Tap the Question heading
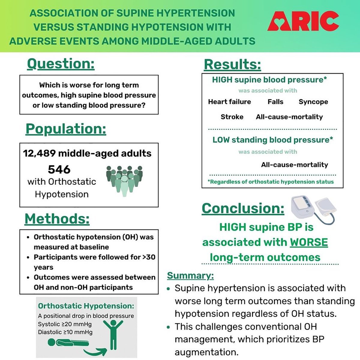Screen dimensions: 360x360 coord(61,64)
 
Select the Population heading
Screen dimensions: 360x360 coord(66,129)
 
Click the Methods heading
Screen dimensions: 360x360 coord(57,219)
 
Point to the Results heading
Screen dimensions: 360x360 coord(232,64)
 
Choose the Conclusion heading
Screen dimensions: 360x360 coord(243,208)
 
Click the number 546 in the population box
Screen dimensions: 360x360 coord(59,169)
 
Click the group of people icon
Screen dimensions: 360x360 coord(124,180)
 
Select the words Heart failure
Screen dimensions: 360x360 coord(229,102)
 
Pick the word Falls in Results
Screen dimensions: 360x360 coord(275,102)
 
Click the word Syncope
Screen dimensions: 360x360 coord(313,102)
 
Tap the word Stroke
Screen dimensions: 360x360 coord(232,117)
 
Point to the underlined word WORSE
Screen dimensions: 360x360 coord(309,242)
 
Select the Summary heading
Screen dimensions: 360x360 coord(190,275)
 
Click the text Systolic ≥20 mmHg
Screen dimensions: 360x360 coord(65,324)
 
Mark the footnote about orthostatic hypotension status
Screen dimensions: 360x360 coord(271,182)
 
